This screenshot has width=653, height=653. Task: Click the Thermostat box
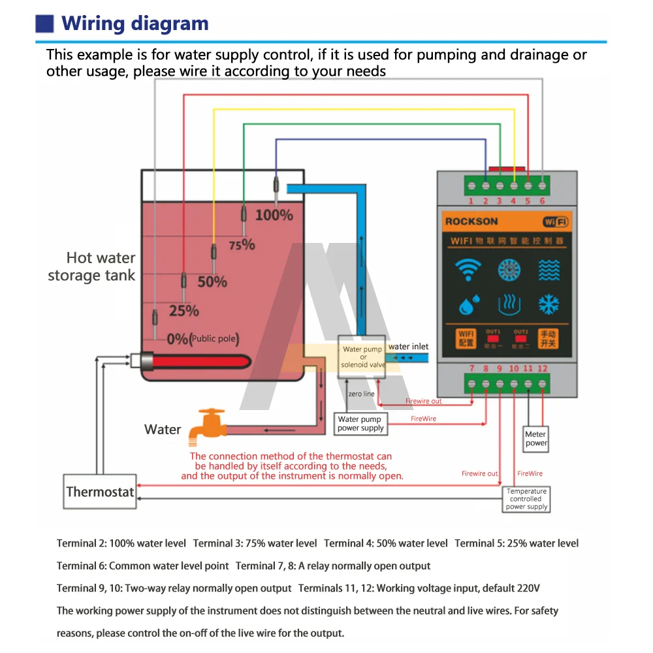tap(100, 492)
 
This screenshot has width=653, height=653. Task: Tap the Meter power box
tap(536, 438)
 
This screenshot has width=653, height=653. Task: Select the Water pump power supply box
tap(360, 424)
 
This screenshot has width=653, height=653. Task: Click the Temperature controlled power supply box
tap(526, 499)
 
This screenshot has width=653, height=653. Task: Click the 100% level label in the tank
tap(274, 214)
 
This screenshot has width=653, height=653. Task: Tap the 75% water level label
tap(242, 245)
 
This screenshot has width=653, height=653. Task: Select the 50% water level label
tap(212, 282)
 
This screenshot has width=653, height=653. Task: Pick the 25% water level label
tap(183, 311)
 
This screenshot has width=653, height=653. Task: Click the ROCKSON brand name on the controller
tap(471, 221)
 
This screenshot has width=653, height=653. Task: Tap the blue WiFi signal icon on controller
tap(468, 269)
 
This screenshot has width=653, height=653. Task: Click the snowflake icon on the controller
tap(549, 304)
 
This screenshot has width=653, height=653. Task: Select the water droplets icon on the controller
tap(468, 304)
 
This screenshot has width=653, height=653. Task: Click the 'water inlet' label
tap(408, 347)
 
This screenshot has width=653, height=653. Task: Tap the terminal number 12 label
tap(543, 369)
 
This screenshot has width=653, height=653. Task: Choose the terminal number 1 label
tap(471, 201)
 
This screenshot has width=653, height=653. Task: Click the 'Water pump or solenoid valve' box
tap(362, 357)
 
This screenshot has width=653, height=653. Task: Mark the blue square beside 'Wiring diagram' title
tap(44, 24)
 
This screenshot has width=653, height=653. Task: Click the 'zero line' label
tap(361, 394)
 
